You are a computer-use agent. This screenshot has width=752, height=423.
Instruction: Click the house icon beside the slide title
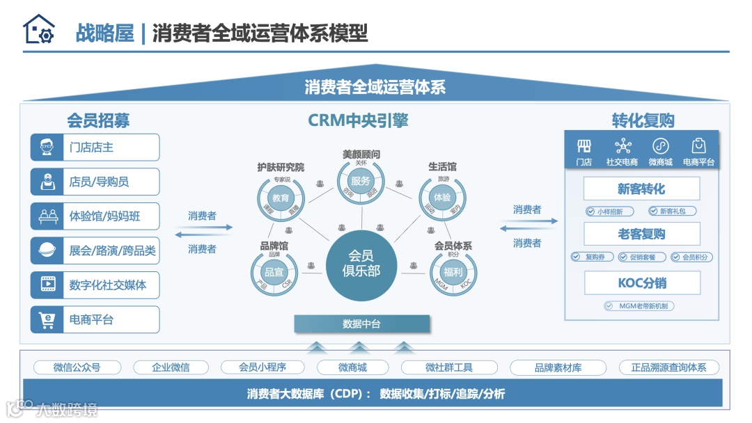point(38,30)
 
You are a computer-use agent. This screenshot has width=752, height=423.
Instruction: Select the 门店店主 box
point(95,147)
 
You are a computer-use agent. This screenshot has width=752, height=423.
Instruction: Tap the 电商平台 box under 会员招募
point(95,320)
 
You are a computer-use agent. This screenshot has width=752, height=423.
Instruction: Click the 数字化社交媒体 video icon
point(47,285)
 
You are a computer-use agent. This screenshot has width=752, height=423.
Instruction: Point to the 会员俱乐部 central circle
point(361,263)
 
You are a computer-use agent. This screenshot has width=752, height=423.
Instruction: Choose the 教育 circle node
point(281,198)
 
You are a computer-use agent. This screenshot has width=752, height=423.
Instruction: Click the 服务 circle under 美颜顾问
point(361,181)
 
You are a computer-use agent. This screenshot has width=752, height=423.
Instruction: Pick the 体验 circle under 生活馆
point(443,197)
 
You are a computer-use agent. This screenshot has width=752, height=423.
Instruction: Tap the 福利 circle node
point(453,272)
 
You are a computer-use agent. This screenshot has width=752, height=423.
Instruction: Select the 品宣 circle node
point(274,272)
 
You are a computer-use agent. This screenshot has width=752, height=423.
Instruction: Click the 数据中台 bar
point(361,324)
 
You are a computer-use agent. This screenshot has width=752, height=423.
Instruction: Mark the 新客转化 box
point(641,189)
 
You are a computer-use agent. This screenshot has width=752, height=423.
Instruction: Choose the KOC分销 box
point(641,283)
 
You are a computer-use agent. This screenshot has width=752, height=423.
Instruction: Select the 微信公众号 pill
point(77,367)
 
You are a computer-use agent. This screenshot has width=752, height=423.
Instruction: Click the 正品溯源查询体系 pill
point(668,367)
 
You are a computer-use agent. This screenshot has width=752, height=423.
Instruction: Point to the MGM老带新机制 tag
point(639,305)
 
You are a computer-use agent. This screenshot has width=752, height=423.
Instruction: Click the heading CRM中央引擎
point(358,120)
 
